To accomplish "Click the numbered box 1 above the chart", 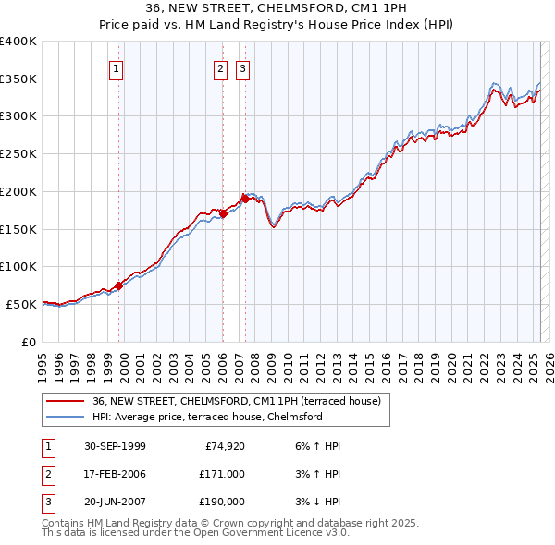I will (x=117, y=67).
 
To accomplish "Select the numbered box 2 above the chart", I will (x=221, y=67).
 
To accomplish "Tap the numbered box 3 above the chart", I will (x=242, y=67).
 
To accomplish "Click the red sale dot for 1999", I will (x=118, y=285).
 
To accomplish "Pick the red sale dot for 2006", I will (x=223, y=213).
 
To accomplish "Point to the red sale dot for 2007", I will (x=245, y=199).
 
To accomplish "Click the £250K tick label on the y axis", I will (x=18, y=154).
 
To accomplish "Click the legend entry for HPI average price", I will (x=206, y=418).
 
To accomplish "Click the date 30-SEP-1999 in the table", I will (x=115, y=446).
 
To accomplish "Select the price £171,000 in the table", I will (x=222, y=474).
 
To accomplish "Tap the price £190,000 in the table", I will (x=222, y=502).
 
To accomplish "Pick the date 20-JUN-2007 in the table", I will (x=115, y=502).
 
